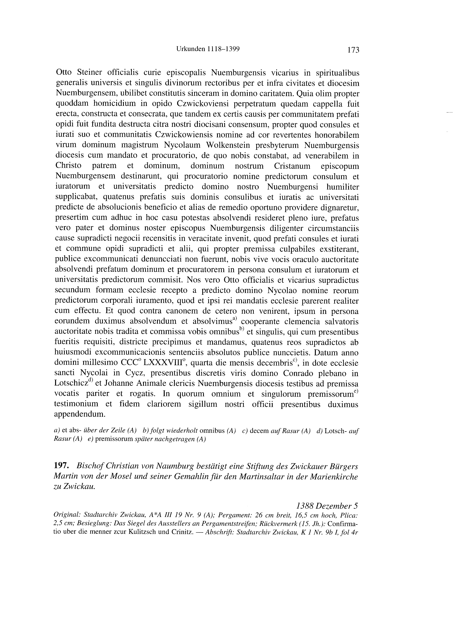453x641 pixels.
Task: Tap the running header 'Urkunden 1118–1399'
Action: tap(208, 49)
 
